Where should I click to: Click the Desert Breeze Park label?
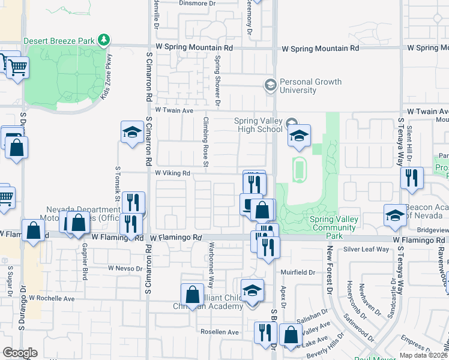(59, 41)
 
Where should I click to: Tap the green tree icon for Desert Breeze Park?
(104, 40)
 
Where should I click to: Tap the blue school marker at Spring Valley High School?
(298, 136)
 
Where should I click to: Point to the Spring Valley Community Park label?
(334, 223)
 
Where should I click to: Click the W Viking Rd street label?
(173, 173)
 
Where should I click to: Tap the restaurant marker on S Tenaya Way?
(412, 178)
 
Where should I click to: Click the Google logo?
(20, 352)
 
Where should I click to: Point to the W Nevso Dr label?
(124, 268)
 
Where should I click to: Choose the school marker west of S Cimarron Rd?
(131, 133)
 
